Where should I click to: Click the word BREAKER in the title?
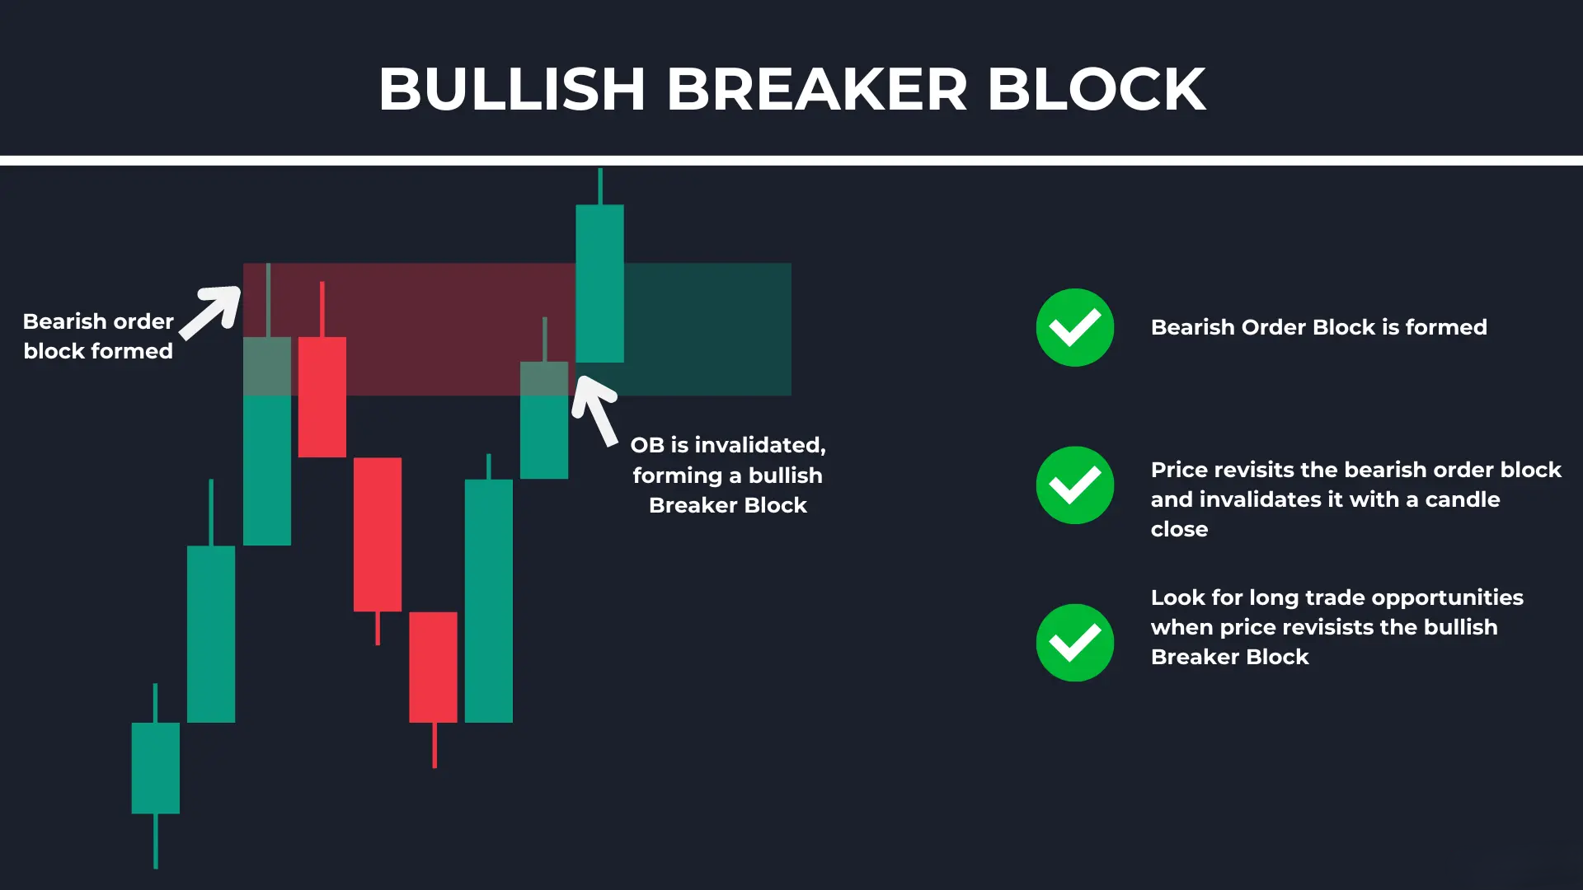click(x=816, y=89)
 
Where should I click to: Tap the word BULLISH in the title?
click(x=512, y=89)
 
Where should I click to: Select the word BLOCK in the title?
click(x=1097, y=89)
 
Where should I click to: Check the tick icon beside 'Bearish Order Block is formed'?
click(x=1075, y=327)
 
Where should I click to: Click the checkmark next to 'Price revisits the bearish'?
click(x=1075, y=485)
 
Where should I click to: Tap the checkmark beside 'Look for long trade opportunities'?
click(x=1075, y=643)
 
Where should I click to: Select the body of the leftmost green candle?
click(x=156, y=768)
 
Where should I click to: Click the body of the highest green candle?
click(x=599, y=283)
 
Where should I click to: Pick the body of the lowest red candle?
click(x=433, y=667)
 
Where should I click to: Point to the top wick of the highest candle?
click(x=600, y=187)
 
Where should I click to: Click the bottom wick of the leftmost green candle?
click(x=156, y=841)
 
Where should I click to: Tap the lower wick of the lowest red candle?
click(x=435, y=745)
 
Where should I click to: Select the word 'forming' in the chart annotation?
click(x=678, y=476)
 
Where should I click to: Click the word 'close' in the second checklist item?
click(x=1179, y=529)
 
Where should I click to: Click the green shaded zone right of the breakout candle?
click(x=707, y=329)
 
